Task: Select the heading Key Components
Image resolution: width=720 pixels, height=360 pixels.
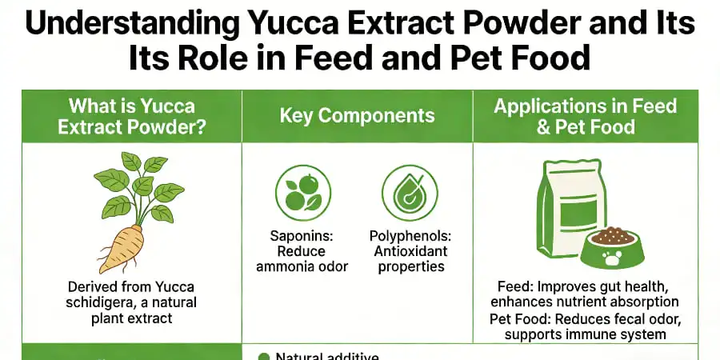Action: click(357, 116)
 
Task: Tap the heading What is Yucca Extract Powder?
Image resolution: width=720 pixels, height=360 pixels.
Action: click(131, 116)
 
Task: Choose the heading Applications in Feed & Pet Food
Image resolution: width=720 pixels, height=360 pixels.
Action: click(585, 116)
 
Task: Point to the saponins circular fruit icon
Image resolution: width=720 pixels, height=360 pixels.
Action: click(302, 193)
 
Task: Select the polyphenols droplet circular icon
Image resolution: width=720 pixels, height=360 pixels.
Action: click(409, 193)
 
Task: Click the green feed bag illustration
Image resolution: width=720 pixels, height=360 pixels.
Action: click(561, 206)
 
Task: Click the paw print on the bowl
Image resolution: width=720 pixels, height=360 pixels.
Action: click(612, 259)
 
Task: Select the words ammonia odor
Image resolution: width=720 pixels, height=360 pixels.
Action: click(302, 266)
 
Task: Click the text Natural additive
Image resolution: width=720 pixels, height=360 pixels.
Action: click(327, 356)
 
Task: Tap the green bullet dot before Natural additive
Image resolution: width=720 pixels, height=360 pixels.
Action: click(263, 356)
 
